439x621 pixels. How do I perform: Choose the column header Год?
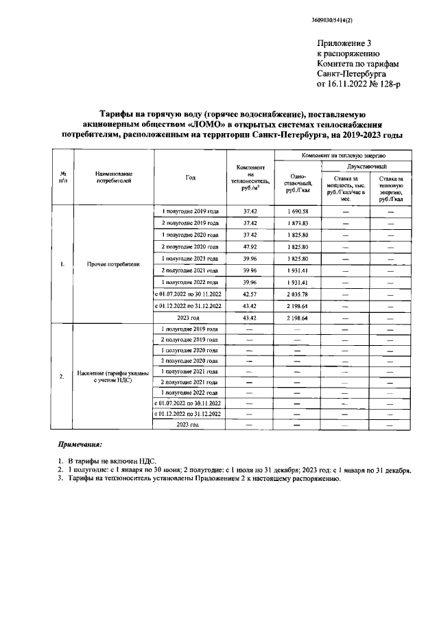click(190, 178)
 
